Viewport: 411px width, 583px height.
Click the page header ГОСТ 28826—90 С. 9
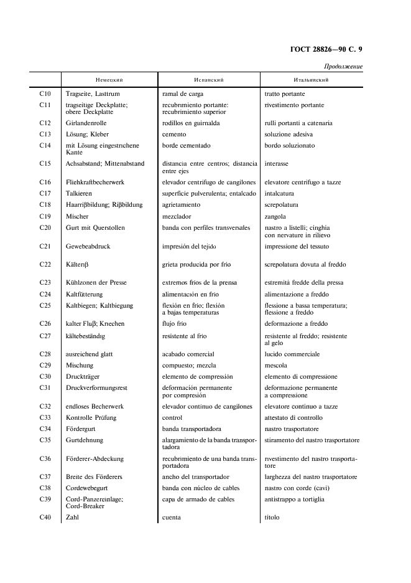326,50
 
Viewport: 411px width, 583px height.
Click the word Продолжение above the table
343,67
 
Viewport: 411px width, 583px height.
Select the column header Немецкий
109,80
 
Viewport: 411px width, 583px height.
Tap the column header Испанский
209,80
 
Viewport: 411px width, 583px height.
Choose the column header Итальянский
311,80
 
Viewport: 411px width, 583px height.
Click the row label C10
45,93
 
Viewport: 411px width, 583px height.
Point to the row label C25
45,305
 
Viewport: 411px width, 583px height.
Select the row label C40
45,517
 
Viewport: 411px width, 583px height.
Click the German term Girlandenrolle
86,123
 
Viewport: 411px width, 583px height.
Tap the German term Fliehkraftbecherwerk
96,182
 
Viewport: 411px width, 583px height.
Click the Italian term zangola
275,216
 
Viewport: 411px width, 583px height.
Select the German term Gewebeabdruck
88,246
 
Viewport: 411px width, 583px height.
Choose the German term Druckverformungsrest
96,387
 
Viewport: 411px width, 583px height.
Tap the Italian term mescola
275,365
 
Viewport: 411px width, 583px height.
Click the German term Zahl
72,517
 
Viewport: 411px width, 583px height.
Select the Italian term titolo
272,517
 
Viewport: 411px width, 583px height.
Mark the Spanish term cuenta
171,517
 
